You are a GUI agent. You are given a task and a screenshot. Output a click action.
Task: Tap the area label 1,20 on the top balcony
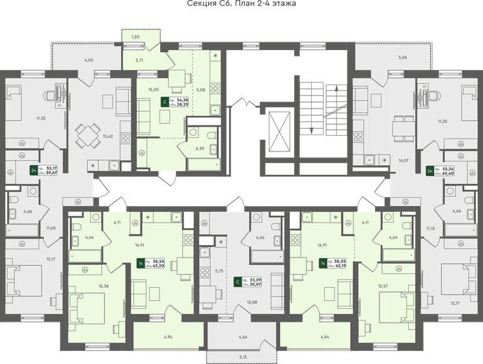[135, 38]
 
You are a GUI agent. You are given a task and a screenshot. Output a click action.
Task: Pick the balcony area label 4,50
[89, 60]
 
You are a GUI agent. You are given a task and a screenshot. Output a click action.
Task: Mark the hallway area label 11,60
[51, 227]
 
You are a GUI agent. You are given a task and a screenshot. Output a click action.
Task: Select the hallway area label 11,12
[430, 229]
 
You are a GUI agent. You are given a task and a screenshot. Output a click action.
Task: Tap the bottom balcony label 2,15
[242, 357]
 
